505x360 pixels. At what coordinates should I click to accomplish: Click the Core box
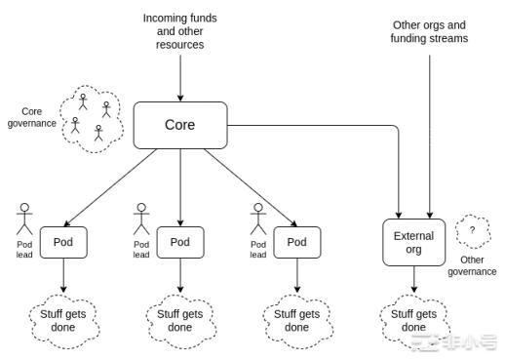(180, 126)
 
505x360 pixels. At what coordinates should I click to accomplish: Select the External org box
(412, 243)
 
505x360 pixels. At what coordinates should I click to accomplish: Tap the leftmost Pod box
(63, 241)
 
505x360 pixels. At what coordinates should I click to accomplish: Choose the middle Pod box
(180, 241)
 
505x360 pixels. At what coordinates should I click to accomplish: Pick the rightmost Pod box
(296, 241)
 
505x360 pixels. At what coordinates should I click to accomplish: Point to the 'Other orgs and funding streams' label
(430, 32)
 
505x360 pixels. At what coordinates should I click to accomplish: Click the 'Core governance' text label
(31, 117)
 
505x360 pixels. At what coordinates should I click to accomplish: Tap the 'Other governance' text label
(472, 266)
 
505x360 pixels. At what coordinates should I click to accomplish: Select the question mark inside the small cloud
(473, 229)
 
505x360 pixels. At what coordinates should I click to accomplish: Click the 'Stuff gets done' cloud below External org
(412, 320)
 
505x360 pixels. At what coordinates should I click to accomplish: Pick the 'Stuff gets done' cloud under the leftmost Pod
(63, 320)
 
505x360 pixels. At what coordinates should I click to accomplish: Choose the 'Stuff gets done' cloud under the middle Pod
(180, 320)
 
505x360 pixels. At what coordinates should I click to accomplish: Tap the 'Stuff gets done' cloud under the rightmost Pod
(296, 320)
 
